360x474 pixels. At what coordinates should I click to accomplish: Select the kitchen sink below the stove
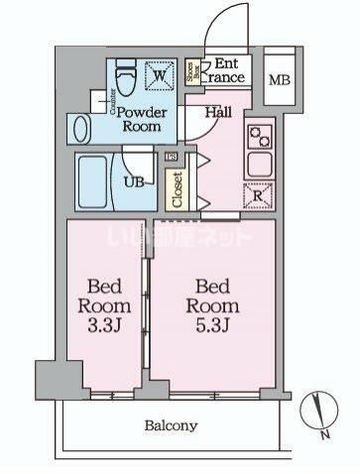pos(261,163)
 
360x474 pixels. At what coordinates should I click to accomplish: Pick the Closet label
pos(179,185)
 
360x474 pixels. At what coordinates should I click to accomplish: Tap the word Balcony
pos(171,426)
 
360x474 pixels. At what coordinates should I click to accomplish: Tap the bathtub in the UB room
pos(97,180)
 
